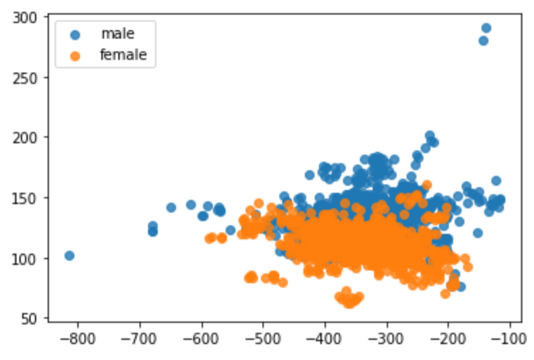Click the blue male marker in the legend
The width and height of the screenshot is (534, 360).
pos(75,35)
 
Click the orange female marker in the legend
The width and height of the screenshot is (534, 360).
pos(75,56)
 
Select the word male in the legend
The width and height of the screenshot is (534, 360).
pos(118,35)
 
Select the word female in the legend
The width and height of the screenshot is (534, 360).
pos(124,56)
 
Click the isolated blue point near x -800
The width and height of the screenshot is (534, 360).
pos(69,256)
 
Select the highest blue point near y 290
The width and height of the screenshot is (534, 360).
pos(486,28)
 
